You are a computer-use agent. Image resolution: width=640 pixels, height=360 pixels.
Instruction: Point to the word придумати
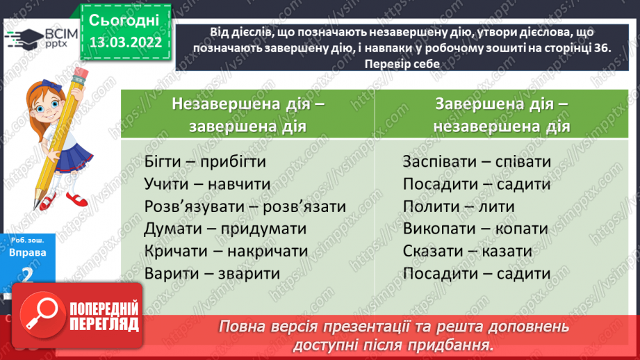(x=261, y=229)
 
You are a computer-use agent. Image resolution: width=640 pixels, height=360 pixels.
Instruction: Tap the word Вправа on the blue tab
(x=28, y=253)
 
